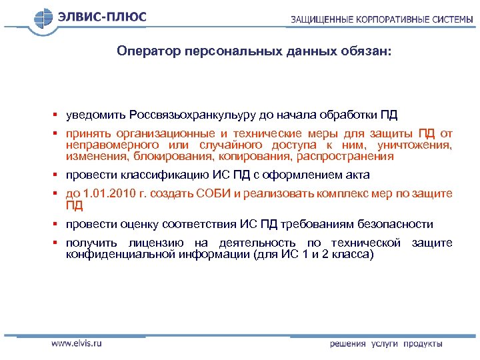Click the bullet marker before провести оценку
tap(58, 225)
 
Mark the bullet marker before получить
tap(58, 243)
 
